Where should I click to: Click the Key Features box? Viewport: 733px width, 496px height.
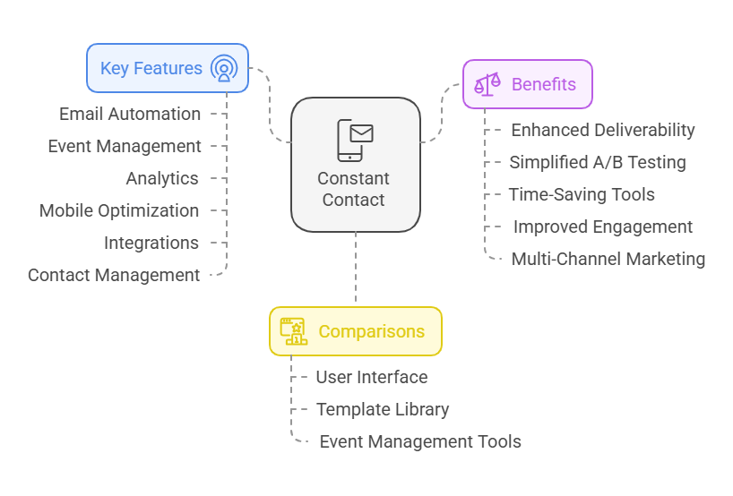pyautogui.click(x=167, y=68)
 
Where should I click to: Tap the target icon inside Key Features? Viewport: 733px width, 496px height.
pyautogui.click(x=223, y=68)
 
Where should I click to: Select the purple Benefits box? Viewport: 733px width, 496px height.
pyautogui.click(x=527, y=84)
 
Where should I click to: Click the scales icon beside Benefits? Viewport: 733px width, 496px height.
pyautogui.click(x=487, y=84)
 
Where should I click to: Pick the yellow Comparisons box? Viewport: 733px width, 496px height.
pyautogui.click(x=355, y=331)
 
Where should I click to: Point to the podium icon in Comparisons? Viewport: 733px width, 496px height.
pyautogui.click(x=293, y=331)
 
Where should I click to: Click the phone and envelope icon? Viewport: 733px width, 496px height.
pyautogui.click(x=355, y=140)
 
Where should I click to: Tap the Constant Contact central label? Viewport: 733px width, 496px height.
pyautogui.click(x=354, y=189)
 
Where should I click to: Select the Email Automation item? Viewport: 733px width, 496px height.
pyautogui.click(x=130, y=114)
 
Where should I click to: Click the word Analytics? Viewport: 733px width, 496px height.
pyautogui.click(x=162, y=178)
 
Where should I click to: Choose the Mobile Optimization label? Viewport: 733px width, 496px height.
pyautogui.click(x=119, y=210)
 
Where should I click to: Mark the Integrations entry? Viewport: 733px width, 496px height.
pyautogui.click(x=151, y=243)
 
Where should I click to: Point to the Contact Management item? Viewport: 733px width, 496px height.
pyautogui.click(x=114, y=275)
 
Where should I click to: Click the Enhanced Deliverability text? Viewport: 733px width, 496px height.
pyautogui.click(x=603, y=130)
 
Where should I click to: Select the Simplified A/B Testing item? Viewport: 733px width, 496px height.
pyautogui.click(x=598, y=162)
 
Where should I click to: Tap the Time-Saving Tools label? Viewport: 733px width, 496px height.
pyautogui.click(x=582, y=194)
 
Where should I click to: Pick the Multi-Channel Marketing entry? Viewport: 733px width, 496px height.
pyautogui.click(x=608, y=259)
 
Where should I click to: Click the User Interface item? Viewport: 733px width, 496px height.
pyautogui.click(x=372, y=377)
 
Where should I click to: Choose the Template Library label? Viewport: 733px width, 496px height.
pyautogui.click(x=383, y=409)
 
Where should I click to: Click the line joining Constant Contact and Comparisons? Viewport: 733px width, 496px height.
pyautogui.click(x=356, y=269)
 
